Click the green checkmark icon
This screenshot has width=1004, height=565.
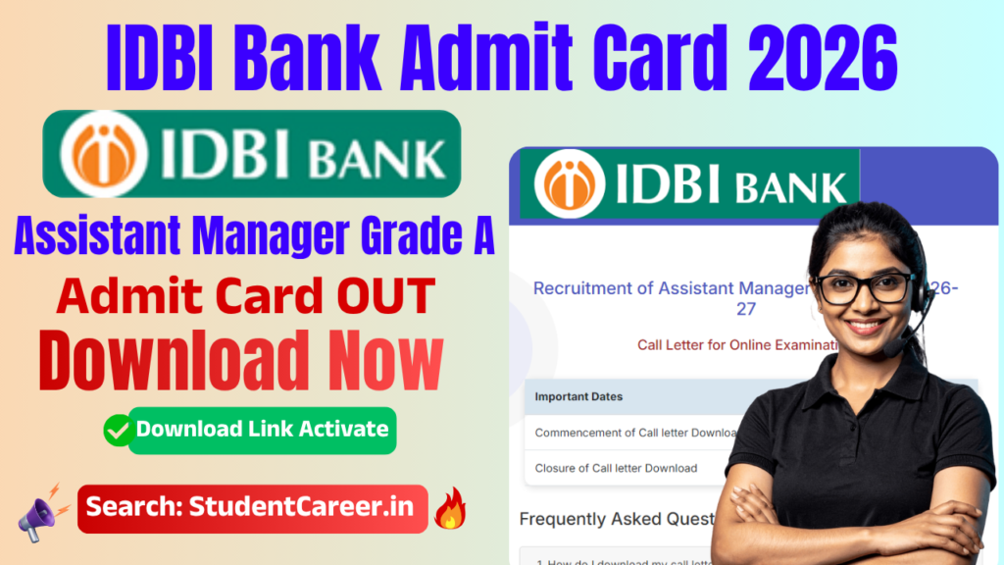[119, 430]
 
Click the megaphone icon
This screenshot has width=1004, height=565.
[41, 508]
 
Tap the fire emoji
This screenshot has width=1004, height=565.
[452, 508]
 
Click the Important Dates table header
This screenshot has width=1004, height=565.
[578, 397]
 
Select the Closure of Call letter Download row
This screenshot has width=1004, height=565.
[616, 468]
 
